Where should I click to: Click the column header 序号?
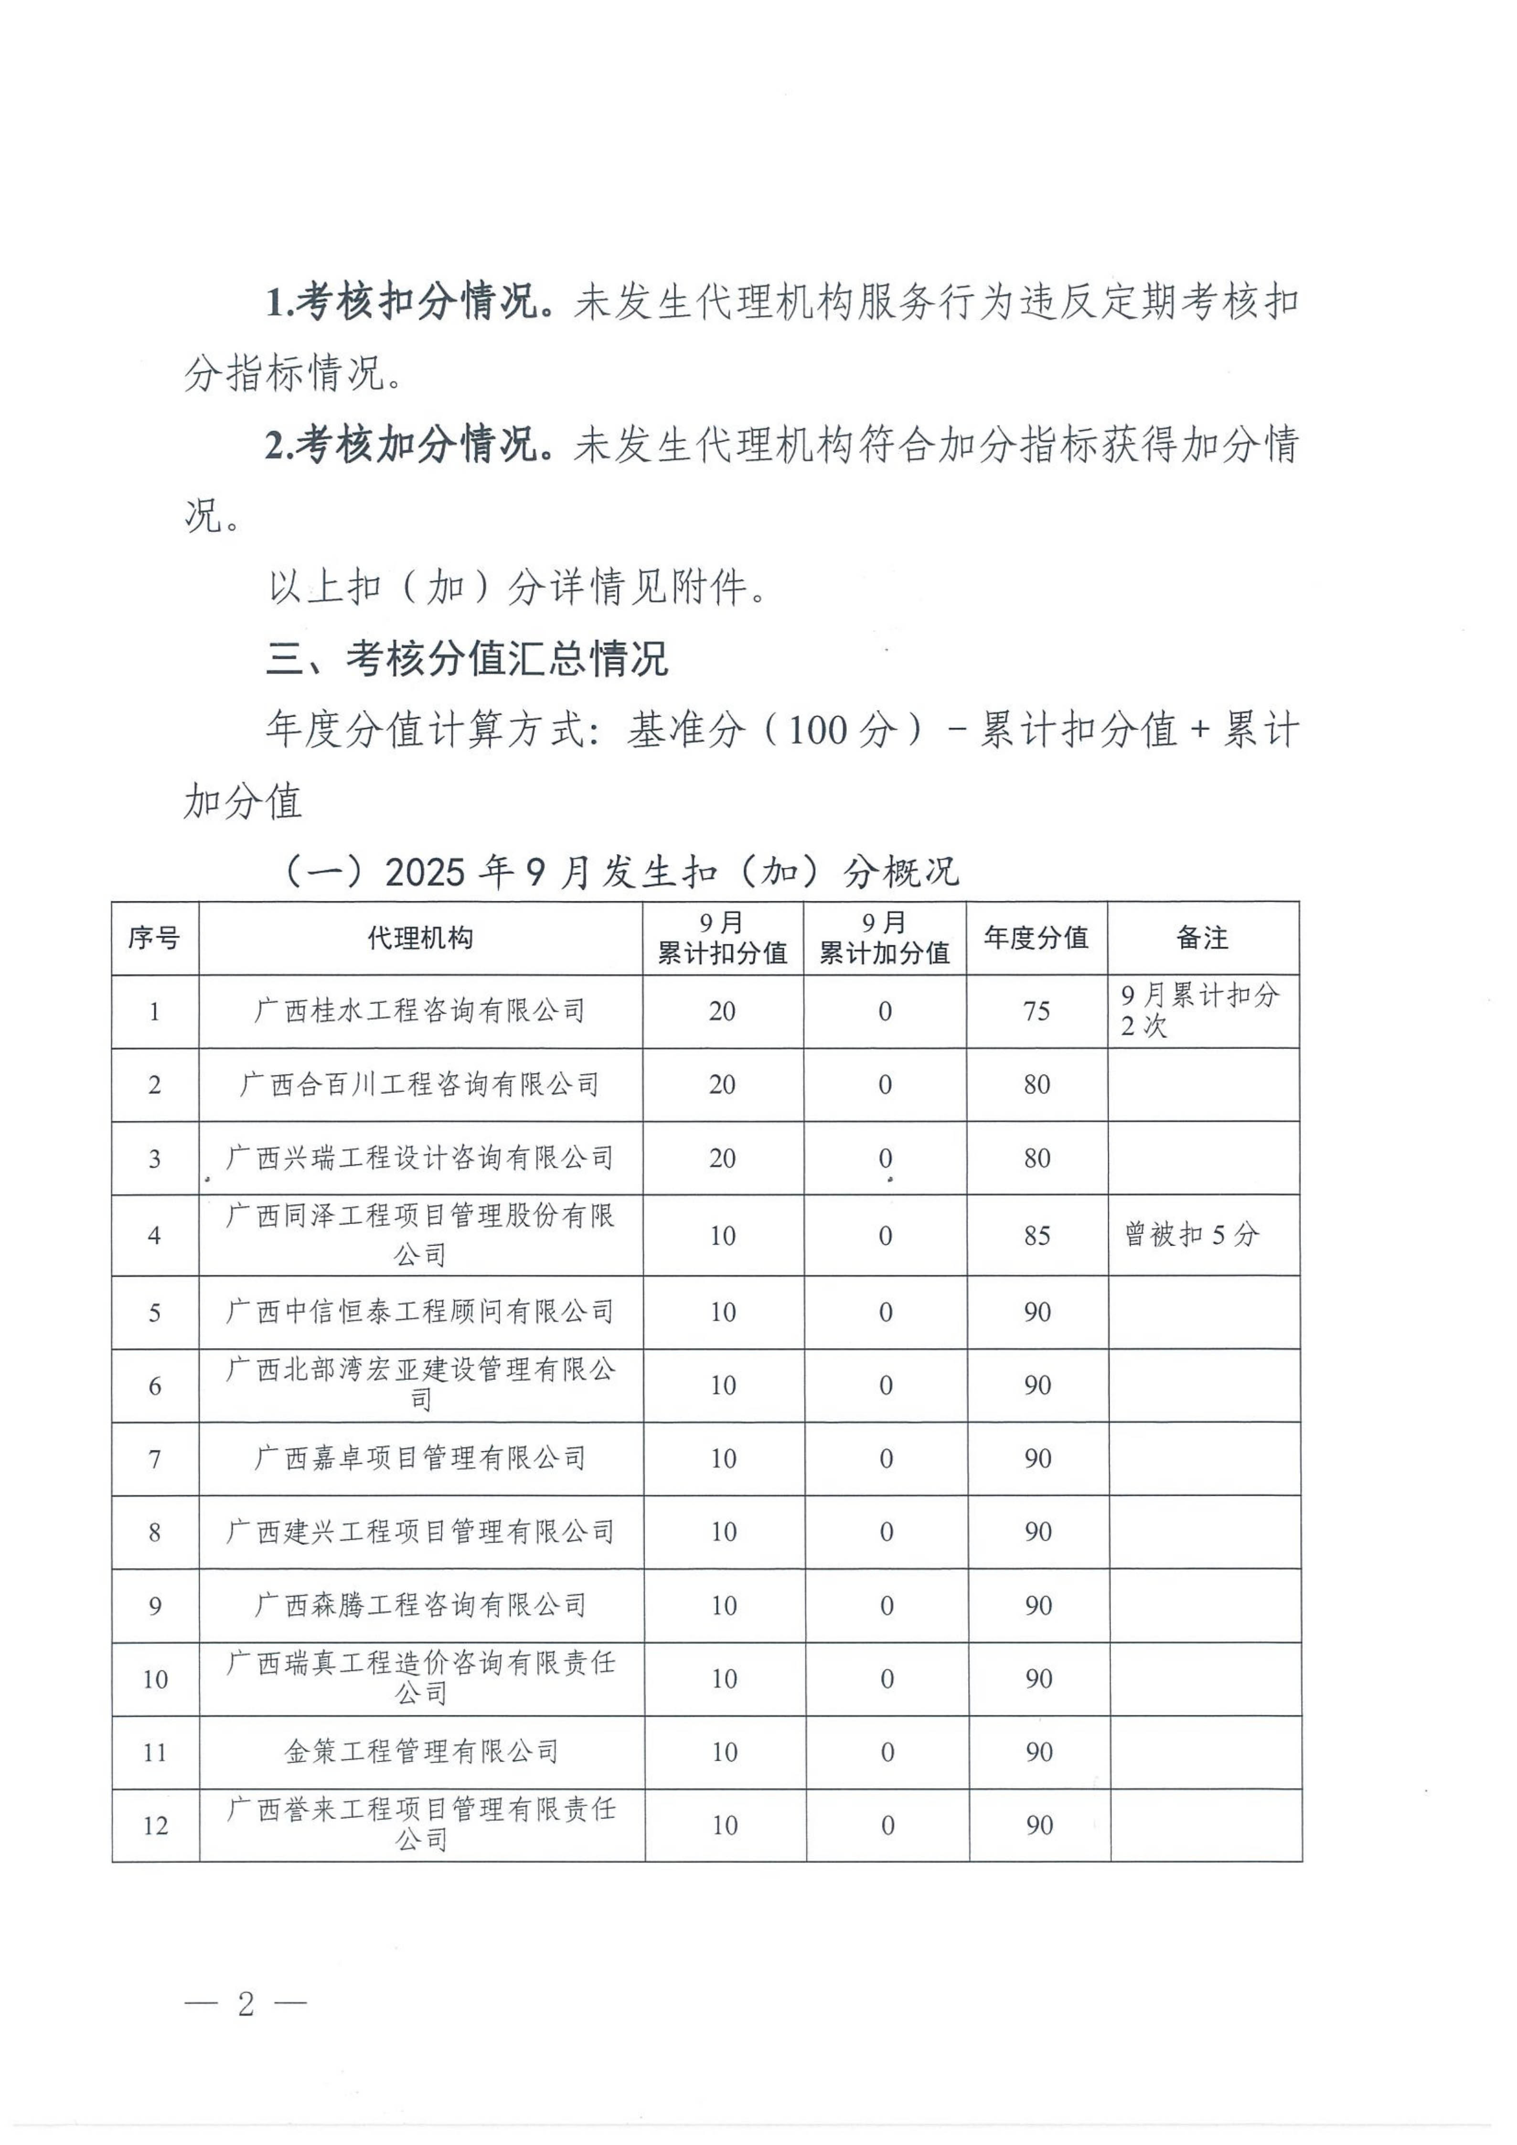(154, 938)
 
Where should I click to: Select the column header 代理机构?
(421, 938)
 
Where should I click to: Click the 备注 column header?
(1202, 938)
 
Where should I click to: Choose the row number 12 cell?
(155, 1826)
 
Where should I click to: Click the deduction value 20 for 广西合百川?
(722, 1085)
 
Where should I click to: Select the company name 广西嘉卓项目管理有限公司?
(421, 1458)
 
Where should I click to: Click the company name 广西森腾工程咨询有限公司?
(421, 1605)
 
